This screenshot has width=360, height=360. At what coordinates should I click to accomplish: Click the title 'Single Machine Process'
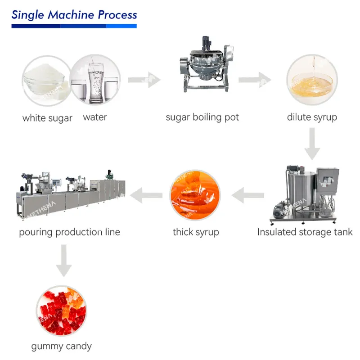[x=74, y=15]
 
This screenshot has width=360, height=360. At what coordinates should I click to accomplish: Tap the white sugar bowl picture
[x=47, y=81]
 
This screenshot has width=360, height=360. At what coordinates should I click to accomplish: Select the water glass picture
[x=95, y=80]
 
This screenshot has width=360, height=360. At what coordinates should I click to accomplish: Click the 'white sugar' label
[x=47, y=118]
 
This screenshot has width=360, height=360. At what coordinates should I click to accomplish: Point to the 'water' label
[x=95, y=117]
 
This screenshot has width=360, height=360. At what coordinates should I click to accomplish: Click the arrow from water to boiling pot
[x=144, y=80]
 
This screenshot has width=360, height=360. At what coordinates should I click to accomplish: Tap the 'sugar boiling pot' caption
[x=202, y=117]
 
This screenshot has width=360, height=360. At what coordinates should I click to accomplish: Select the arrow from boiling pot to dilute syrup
[x=255, y=80]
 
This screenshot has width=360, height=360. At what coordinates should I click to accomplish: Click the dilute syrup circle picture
[x=312, y=80]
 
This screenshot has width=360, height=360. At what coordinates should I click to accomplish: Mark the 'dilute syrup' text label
[x=312, y=117]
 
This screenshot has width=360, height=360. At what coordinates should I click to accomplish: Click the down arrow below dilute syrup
[x=312, y=144]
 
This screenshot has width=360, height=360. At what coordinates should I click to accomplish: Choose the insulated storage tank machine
[x=305, y=194]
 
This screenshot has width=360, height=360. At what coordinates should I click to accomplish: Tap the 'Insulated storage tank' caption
[x=305, y=232]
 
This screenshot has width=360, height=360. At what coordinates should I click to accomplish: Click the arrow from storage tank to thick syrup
[x=248, y=195]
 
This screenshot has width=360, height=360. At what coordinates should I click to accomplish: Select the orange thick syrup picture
[x=195, y=195]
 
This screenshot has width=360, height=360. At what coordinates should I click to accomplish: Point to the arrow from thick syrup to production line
[x=146, y=195]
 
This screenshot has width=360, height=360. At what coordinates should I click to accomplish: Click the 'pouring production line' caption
[x=70, y=232]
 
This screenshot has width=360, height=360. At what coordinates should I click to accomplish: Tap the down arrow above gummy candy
[x=64, y=261]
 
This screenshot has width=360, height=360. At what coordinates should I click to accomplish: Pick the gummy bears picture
[x=62, y=310]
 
